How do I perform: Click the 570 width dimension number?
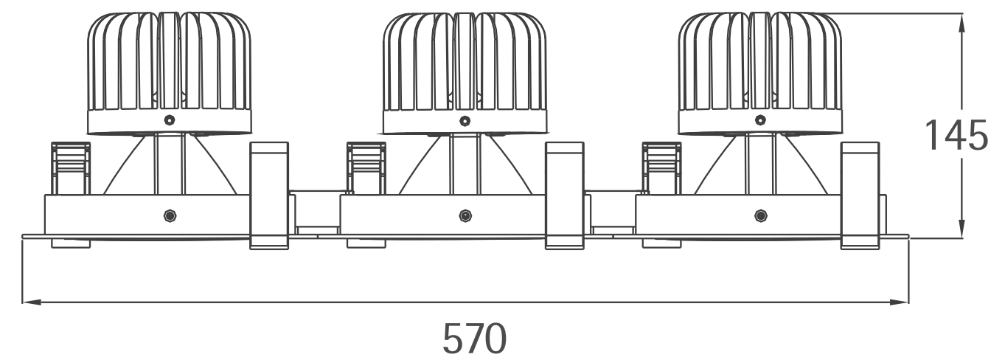point(474,339)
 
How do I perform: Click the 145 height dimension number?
point(956,135)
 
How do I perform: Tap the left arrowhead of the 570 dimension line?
point(32,302)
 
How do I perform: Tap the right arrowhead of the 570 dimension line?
point(899,302)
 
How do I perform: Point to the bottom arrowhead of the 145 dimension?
point(961,228)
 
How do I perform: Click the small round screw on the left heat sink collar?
point(169,120)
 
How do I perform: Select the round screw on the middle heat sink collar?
point(465,120)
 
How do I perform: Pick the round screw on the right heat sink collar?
point(760,120)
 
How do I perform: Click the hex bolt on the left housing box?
point(170,216)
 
